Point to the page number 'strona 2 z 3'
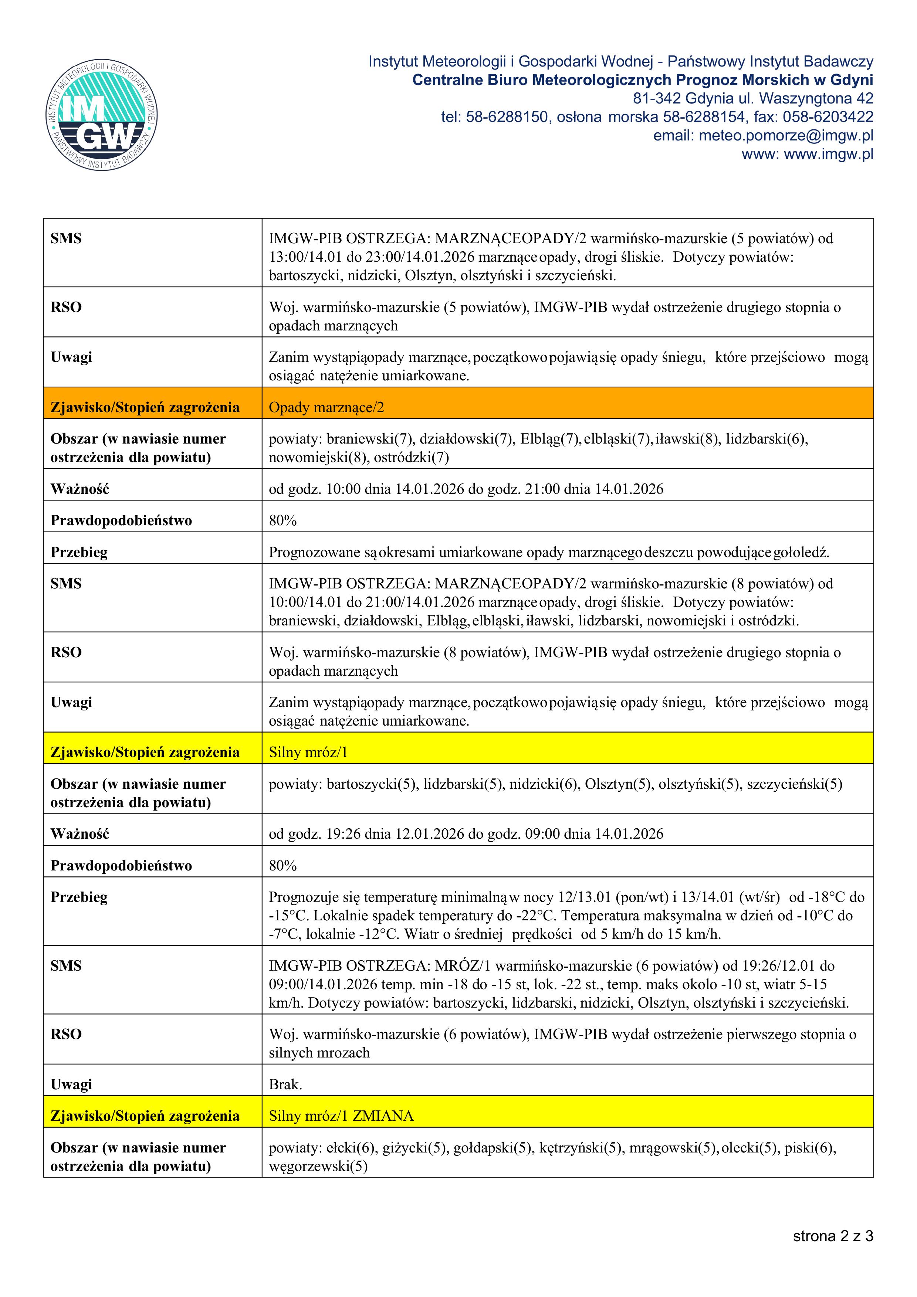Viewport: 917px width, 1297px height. click(x=833, y=1236)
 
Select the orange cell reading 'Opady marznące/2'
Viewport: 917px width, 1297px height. click(x=326, y=407)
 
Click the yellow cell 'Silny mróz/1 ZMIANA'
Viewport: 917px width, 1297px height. click(x=341, y=1116)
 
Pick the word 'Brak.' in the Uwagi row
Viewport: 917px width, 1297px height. click(x=285, y=1084)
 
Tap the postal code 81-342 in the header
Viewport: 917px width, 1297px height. click(x=656, y=98)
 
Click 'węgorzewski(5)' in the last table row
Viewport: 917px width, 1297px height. click(x=318, y=1166)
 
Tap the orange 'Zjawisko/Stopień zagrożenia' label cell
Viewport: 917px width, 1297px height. click(x=145, y=407)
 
